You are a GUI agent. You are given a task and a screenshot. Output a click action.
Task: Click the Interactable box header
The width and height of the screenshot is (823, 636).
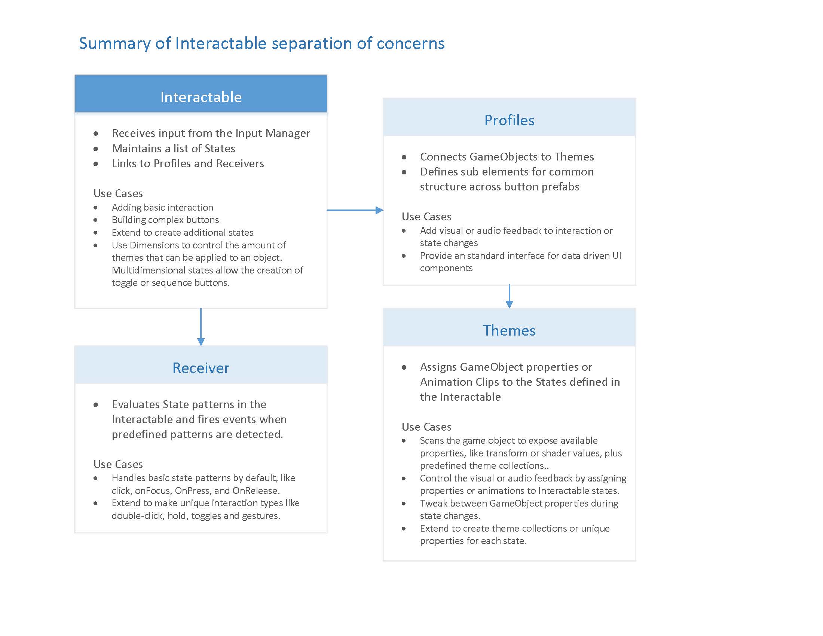(x=201, y=97)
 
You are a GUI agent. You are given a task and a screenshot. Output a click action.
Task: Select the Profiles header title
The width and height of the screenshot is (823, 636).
(x=509, y=120)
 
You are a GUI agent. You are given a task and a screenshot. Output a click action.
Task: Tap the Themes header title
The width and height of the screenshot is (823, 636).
(x=509, y=330)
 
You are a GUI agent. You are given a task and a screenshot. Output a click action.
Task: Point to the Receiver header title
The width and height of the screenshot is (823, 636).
(x=201, y=368)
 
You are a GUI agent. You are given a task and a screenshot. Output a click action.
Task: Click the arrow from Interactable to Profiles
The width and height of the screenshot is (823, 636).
(x=354, y=210)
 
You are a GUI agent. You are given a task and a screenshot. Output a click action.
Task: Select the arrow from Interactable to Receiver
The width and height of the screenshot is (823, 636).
(x=201, y=326)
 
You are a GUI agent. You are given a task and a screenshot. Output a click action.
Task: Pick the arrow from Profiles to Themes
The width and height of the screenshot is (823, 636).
(x=509, y=297)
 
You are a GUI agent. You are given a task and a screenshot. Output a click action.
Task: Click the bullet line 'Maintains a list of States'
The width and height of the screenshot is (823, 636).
(x=173, y=149)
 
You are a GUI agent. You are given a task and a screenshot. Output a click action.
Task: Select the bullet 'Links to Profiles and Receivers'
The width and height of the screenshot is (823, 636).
(x=188, y=163)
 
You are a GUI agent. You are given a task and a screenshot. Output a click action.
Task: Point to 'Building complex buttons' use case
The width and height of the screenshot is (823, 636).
(x=165, y=220)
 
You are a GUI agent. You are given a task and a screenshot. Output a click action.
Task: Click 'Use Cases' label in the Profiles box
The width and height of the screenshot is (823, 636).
(x=426, y=217)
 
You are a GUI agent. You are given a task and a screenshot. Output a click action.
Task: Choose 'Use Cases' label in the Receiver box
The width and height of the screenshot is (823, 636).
(x=118, y=464)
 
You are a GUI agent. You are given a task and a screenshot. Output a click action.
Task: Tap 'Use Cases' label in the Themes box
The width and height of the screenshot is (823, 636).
(x=426, y=427)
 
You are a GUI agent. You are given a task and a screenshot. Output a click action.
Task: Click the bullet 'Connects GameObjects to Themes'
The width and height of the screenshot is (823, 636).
(x=507, y=157)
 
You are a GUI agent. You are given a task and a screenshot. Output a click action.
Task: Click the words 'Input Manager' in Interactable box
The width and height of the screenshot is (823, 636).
(x=272, y=134)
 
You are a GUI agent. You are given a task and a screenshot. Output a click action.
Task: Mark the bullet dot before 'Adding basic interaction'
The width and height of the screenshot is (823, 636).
(x=96, y=208)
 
